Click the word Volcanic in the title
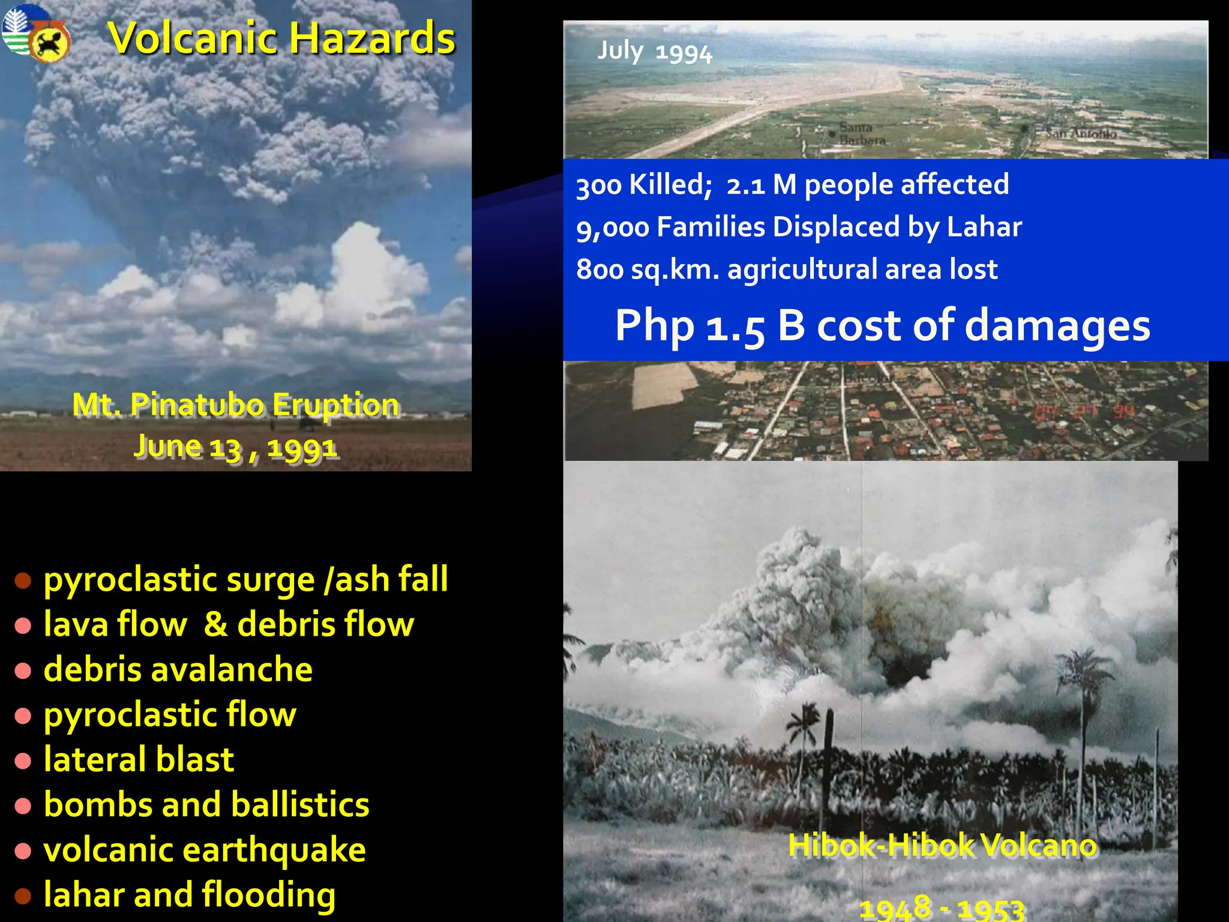pos(191,38)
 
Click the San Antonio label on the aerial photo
pos(1080,133)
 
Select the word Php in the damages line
pos(655,326)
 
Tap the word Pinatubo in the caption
pos(197,405)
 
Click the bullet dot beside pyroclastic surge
pos(23,580)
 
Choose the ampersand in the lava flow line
pos(215,624)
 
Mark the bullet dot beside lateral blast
pos(23,761)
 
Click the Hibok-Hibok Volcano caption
pos(942,845)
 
